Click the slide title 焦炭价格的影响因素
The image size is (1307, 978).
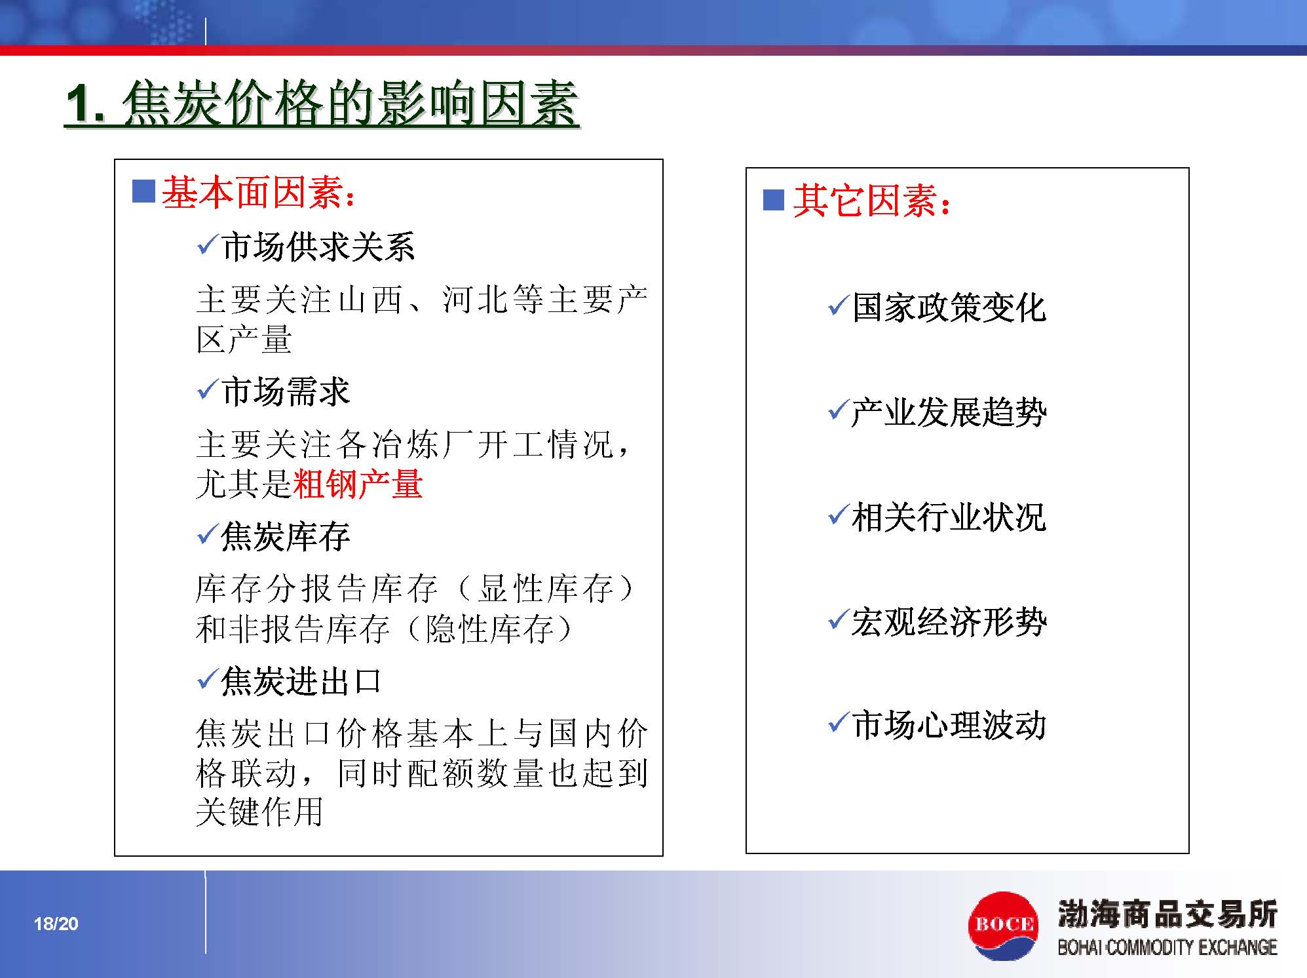coord(350,104)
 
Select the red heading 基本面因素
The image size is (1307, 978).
coord(252,193)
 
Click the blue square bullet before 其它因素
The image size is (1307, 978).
coord(774,199)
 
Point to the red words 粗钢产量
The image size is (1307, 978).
coord(358,484)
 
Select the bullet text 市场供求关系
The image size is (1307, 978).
coord(318,247)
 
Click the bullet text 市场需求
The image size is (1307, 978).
coord(286,391)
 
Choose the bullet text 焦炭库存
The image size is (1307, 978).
coord(286,536)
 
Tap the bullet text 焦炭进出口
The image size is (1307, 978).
coord(301,681)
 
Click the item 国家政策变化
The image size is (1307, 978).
coord(949,307)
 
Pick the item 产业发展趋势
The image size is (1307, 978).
coord(949,412)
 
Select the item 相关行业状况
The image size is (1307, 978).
coord(949,517)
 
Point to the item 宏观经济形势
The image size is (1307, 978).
coord(949,621)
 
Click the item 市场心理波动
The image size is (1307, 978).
coord(949,726)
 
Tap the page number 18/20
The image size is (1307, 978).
coord(56,924)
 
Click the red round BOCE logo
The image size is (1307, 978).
coord(1003,925)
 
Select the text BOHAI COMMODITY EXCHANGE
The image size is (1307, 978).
coord(1167,947)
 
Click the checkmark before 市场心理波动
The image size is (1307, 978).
coord(839,722)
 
